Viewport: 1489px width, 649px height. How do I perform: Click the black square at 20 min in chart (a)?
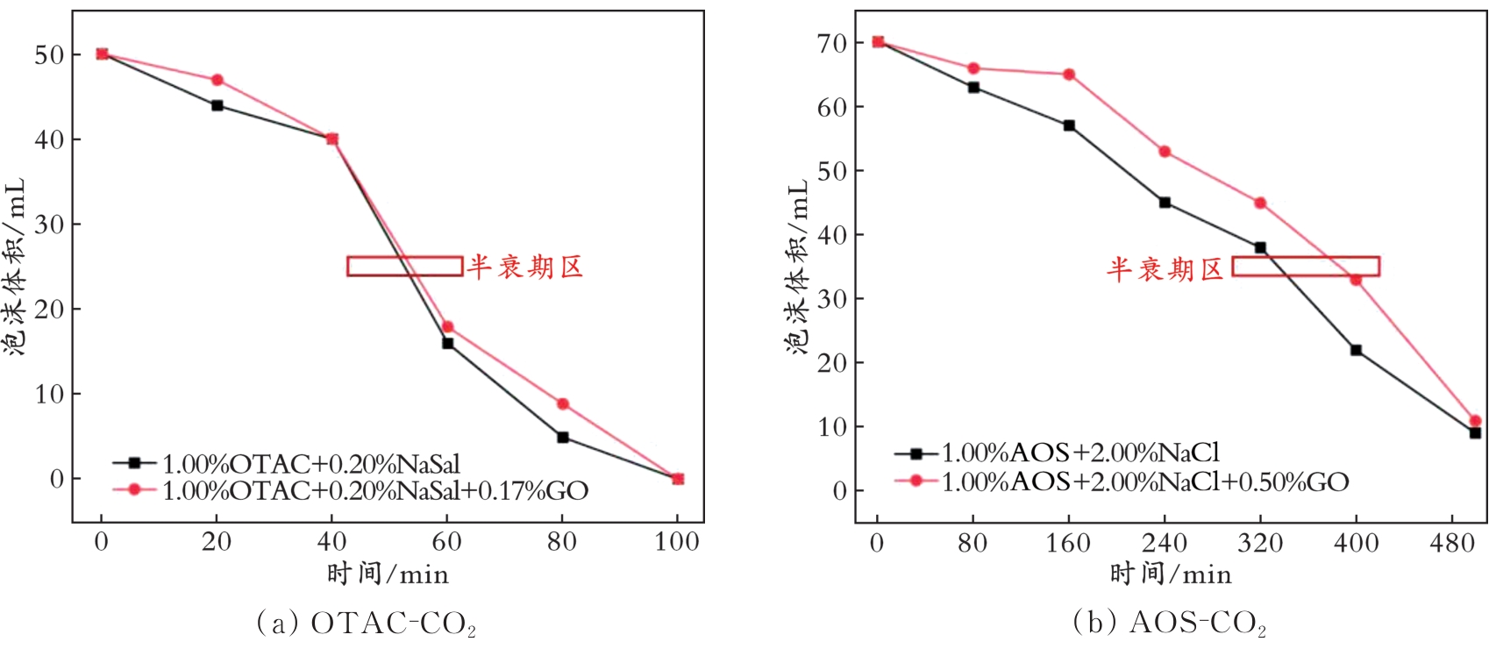pos(217,105)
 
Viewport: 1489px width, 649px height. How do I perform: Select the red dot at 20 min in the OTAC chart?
pos(217,80)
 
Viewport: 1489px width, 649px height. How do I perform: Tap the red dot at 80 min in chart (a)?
pos(562,403)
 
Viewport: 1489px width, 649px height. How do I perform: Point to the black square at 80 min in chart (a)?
pos(562,437)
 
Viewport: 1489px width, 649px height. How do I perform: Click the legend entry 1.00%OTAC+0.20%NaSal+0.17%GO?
pos(374,490)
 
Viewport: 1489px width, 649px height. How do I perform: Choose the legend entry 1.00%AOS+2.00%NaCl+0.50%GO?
pos(1144,481)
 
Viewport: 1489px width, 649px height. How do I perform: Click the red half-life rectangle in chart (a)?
pos(404,266)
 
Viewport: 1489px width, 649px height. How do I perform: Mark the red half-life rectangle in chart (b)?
pos(1305,266)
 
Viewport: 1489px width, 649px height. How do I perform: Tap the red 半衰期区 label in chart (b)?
pos(1165,268)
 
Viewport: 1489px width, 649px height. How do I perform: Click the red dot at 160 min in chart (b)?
pos(1069,75)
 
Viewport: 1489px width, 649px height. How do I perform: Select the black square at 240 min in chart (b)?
pos(1165,203)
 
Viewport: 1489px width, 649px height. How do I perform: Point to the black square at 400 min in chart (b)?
pos(1356,350)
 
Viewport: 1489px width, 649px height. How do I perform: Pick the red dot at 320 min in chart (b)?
pos(1260,203)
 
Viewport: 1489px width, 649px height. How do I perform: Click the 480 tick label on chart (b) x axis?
pos(1451,544)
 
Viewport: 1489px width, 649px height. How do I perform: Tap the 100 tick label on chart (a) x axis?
pos(677,542)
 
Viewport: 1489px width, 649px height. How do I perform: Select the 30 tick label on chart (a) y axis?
pos(49,225)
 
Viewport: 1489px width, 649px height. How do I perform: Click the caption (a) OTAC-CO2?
pos(366,623)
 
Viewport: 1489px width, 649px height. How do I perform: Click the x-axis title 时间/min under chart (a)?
pos(388,574)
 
